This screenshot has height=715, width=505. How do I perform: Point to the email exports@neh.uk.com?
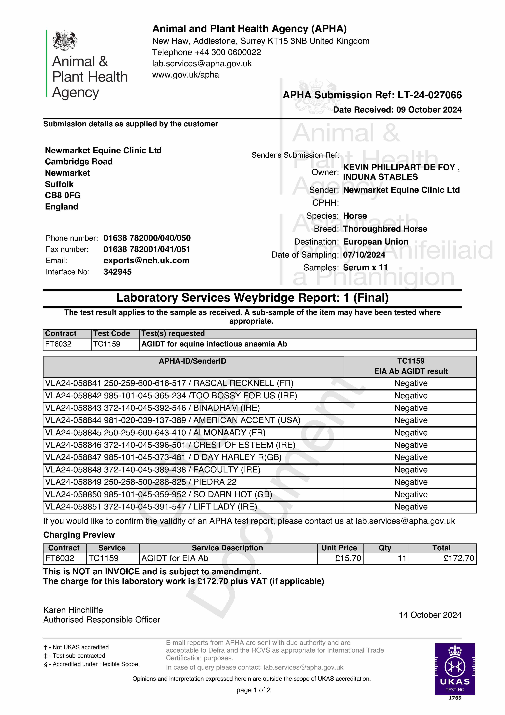[x=146, y=261]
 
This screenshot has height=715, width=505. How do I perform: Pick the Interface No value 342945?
[x=117, y=272]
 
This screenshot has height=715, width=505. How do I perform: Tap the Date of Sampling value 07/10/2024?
[x=364, y=255]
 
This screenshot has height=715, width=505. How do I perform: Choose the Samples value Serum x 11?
[x=365, y=268]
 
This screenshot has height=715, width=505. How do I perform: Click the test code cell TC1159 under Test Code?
[x=107, y=344]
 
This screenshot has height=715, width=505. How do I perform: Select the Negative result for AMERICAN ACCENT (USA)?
[x=411, y=420]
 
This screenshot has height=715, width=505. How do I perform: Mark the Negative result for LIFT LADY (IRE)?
[x=411, y=507]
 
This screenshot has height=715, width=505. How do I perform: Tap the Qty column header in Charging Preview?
[x=385, y=548]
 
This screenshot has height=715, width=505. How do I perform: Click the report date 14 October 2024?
[x=430, y=615]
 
